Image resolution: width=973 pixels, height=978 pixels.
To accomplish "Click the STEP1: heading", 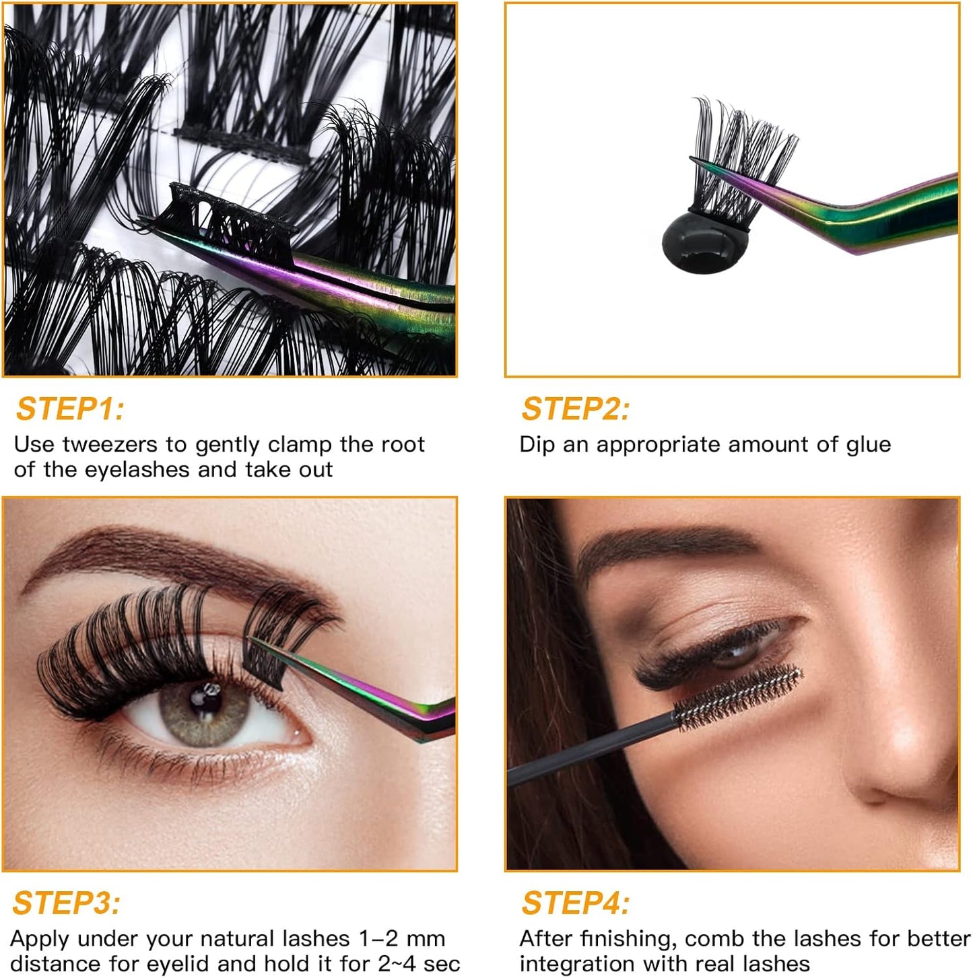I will (70, 409).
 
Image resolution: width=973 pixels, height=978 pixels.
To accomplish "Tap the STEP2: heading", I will (576, 409).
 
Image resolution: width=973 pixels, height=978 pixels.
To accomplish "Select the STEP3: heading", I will (67, 903).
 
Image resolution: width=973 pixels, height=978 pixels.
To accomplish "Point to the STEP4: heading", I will (576, 903).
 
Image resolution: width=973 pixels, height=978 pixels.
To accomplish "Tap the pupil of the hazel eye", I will (200, 700).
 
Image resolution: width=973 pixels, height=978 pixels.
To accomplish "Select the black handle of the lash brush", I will (593, 747).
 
